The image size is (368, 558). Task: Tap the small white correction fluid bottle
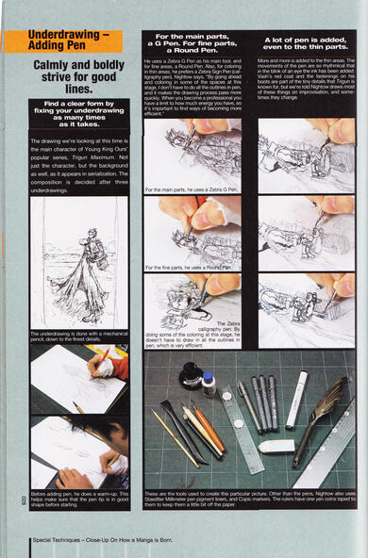point(209,382)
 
